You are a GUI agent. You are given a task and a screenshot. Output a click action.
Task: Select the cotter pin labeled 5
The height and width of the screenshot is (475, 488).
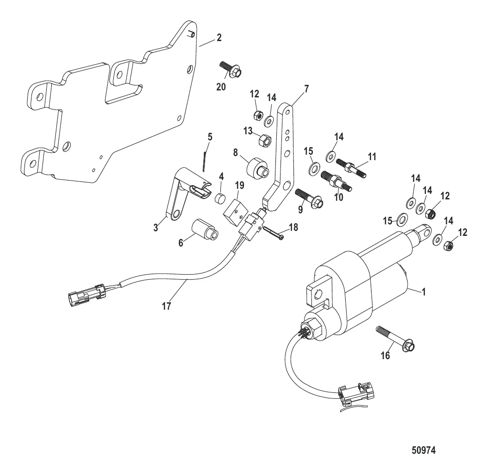pos(205,157)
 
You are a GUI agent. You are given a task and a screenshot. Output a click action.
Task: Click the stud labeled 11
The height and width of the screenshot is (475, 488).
pos(352,167)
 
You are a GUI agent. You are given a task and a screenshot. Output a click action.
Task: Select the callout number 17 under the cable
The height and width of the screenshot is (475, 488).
pos(166,306)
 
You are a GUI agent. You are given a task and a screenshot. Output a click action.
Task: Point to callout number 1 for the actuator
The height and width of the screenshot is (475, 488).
pos(424,292)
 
